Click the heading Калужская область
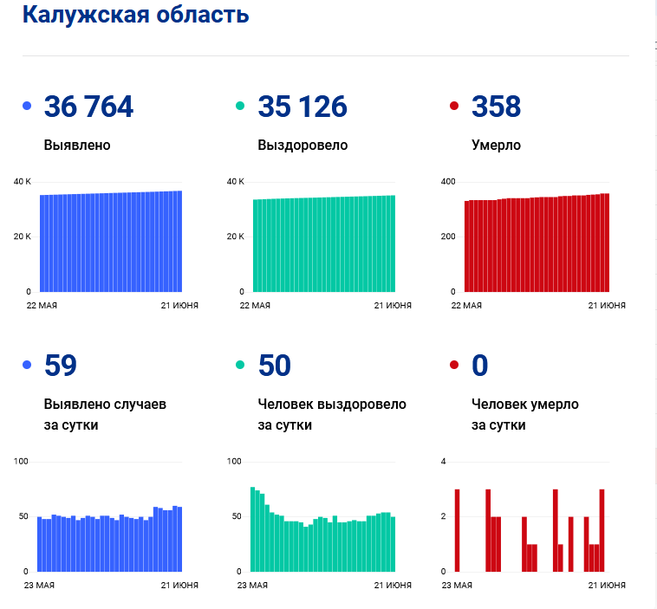[x=136, y=15]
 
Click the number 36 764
[x=88, y=107]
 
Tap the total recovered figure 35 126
[x=302, y=107]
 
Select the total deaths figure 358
[x=496, y=107]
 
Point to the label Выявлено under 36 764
[x=77, y=145]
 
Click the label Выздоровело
[x=302, y=145]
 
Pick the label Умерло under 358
[x=496, y=145]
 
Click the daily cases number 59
[x=61, y=366]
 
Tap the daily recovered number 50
[x=275, y=366]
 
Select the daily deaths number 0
[x=480, y=366]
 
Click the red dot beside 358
[x=454, y=106]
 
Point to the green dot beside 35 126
[x=240, y=106]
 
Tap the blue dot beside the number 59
[x=27, y=365]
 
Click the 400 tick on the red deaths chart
[x=448, y=182]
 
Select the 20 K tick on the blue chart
[x=23, y=236]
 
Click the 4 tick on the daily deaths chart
[x=443, y=462]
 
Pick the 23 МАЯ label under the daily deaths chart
[x=457, y=585]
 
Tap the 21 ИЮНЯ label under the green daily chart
[x=393, y=585]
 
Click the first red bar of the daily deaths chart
[x=457, y=530]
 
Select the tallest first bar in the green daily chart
[x=253, y=529]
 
